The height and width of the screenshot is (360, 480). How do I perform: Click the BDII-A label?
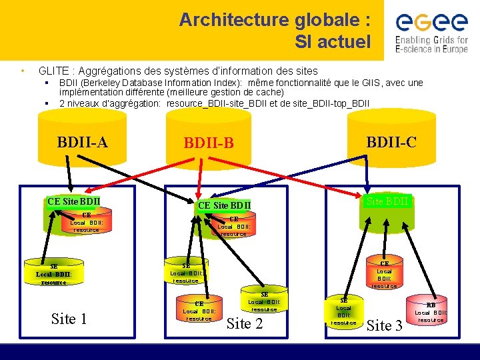point(83,142)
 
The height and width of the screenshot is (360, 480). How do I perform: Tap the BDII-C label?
point(391,141)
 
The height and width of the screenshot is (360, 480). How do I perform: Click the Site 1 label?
point(69,319)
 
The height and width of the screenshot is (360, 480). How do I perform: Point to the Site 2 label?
point(245,324)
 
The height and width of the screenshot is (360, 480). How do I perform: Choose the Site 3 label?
point(385,325)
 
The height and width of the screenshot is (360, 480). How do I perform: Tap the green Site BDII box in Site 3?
point(388,200)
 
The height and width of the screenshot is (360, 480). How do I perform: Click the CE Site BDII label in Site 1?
point(74,201)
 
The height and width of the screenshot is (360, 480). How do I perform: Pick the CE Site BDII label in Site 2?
point(225,205)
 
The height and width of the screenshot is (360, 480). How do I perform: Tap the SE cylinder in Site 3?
point(343,311)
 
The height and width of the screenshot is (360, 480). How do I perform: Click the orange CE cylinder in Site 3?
point(384,274)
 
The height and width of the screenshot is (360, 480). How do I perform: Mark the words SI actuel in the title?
point(333,42)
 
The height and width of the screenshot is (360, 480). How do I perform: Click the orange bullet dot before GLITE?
point(23,71)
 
